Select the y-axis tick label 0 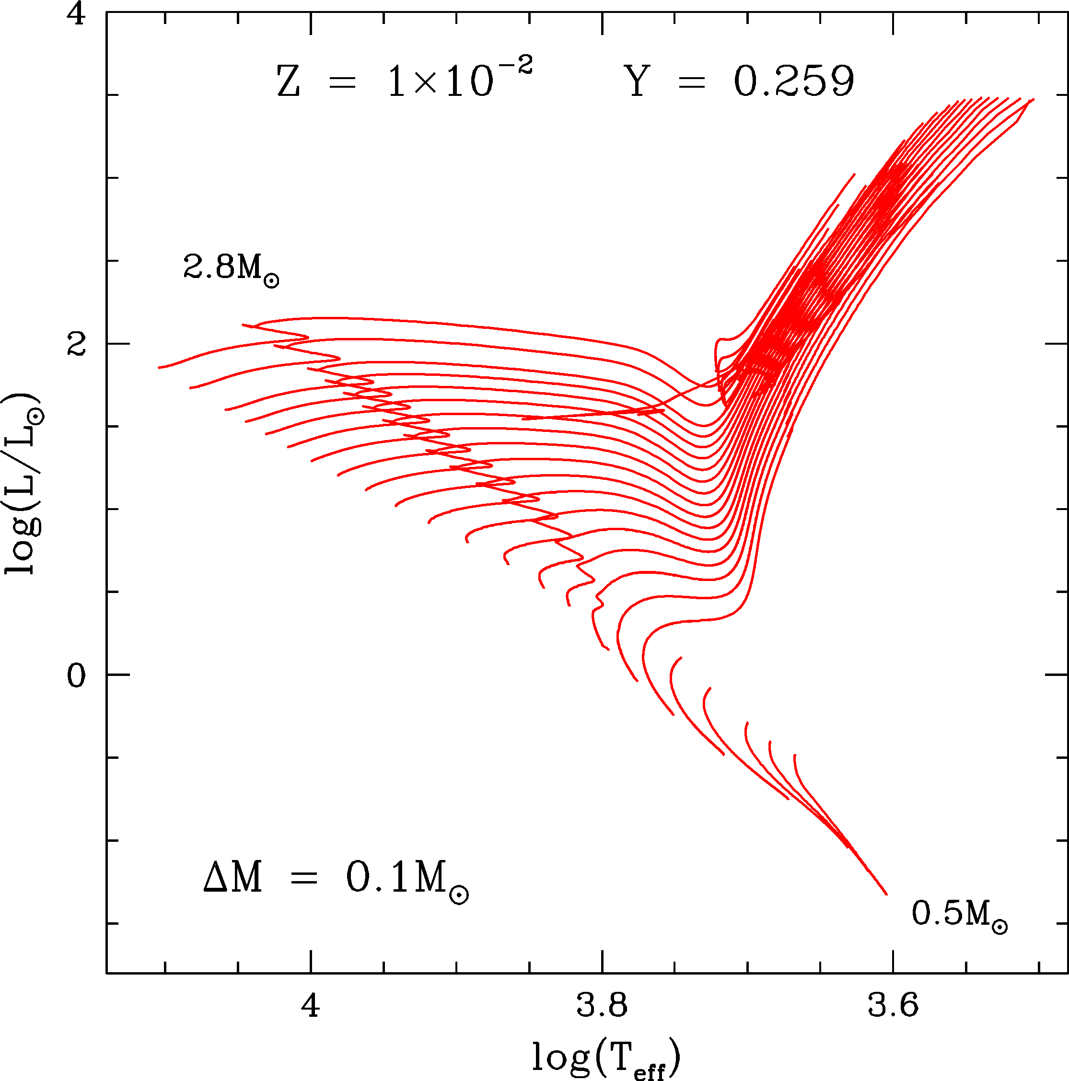[x=76, y=676]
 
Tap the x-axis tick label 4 [x=311, y=1006]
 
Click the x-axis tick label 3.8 [x=602, y=1006]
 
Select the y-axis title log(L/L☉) [x=23, y=484]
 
